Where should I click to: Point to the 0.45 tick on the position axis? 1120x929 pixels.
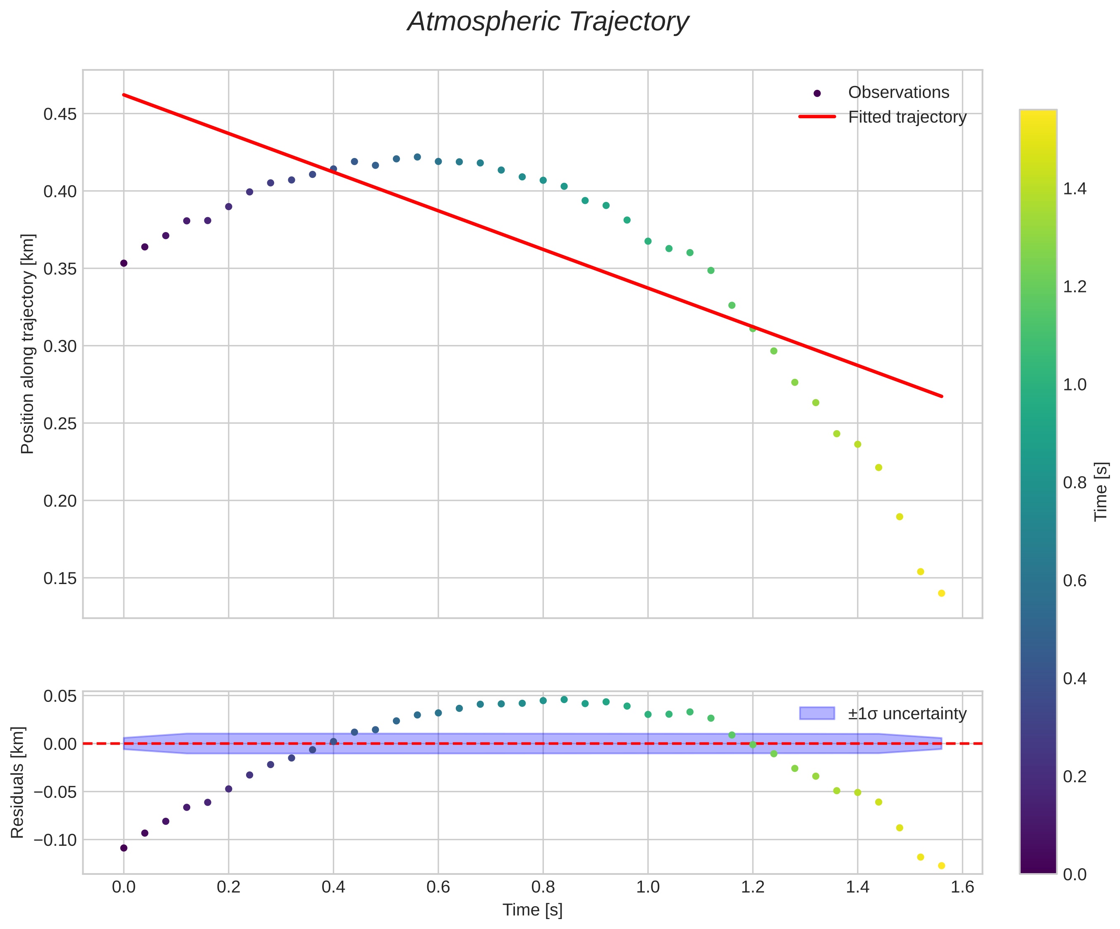[60, 114]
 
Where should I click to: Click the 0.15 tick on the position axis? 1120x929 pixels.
[60, 578]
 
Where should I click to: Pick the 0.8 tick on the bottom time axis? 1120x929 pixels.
[543, 887]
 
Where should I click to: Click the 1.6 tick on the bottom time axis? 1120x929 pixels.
[962, 887]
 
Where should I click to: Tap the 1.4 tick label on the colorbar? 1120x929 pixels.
[1075, 189]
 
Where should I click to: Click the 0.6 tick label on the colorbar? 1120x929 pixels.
[1075, 581]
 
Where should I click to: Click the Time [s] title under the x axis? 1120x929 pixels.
[532, 910]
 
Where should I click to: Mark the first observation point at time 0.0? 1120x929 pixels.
[124, 263]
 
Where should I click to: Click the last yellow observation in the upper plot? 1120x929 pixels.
[941, 594]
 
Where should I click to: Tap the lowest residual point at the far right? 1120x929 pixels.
[941, 866]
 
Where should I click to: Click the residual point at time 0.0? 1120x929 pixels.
[124, 848]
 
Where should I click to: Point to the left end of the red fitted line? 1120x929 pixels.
[124, 95]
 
